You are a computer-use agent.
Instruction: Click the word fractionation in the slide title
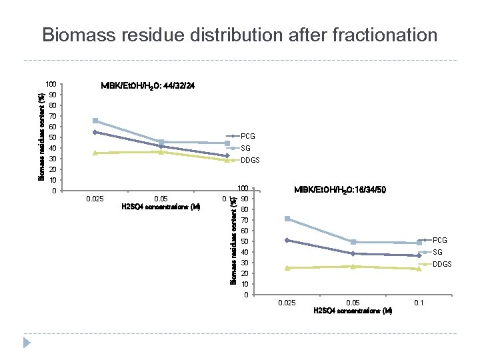pyautogui.click(x=377, y=35)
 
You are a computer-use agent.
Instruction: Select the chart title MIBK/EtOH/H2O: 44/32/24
pyautogui.click(x=148, y=87)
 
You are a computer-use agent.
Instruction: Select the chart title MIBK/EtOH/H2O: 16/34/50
pyautogui.click(x=340, y=190)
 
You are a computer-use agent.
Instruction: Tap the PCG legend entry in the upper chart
pyautogui.click(x=247, y=136)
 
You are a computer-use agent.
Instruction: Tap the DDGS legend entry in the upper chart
pyautogui.click(x=250, y=160)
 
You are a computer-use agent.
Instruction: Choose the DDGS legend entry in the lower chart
pyautogui.click(x=442, y=264)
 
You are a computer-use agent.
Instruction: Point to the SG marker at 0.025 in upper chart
pyautogui.click(x=95, y=121)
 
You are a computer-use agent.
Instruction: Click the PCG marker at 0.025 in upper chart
pyautogui.click(x=95, y=132)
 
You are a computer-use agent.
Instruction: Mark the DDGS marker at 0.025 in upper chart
pyautogui.click(x=95, y=153)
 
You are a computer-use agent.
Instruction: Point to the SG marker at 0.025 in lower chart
pyautogui.click(x=287, y=219)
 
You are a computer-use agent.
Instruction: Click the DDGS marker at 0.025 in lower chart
pyautogui.click(x=287, y=267)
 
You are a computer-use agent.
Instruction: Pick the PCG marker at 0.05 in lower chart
pyautogui.click(x=353, y=253)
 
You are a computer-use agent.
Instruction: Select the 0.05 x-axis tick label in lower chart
pyautogui.click(x=353, y=303)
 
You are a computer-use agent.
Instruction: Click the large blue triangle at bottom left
pyautogui.click(x=27, y=342)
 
